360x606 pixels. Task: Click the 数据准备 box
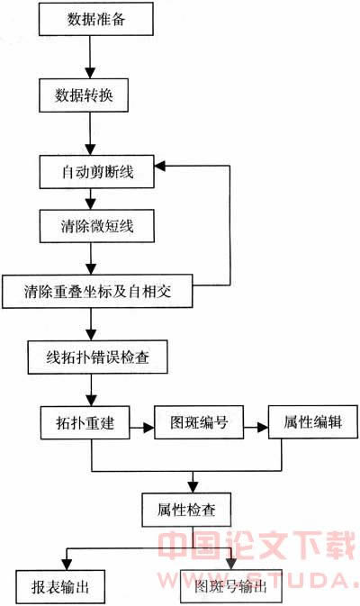[95, 19]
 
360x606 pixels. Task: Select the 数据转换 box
[84, 95]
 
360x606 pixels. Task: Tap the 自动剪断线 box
[97, 172]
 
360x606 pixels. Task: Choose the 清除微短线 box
[97, 226]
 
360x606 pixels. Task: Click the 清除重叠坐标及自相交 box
[97, 291]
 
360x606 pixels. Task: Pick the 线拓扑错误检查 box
[98, 357]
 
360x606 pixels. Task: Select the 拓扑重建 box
[85, 422]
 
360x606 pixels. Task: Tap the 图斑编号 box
[199, 422]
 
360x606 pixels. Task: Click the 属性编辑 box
[313, 421]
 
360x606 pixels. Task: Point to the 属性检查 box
[186, 510]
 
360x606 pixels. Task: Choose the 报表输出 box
[60, 587]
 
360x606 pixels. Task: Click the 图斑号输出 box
[231, 586]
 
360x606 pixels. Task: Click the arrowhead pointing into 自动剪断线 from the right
[160, 167]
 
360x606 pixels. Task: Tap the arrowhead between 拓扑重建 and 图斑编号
[148, 428]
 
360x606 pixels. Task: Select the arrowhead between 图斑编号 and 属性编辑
[263, 427]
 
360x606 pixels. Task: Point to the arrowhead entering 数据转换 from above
[90, 73]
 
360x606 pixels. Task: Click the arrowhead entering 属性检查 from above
[193, 487]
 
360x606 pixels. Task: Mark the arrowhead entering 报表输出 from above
[67, 565]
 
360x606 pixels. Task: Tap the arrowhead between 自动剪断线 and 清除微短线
[91, 204]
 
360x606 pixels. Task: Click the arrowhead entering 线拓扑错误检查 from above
[91, 335]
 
